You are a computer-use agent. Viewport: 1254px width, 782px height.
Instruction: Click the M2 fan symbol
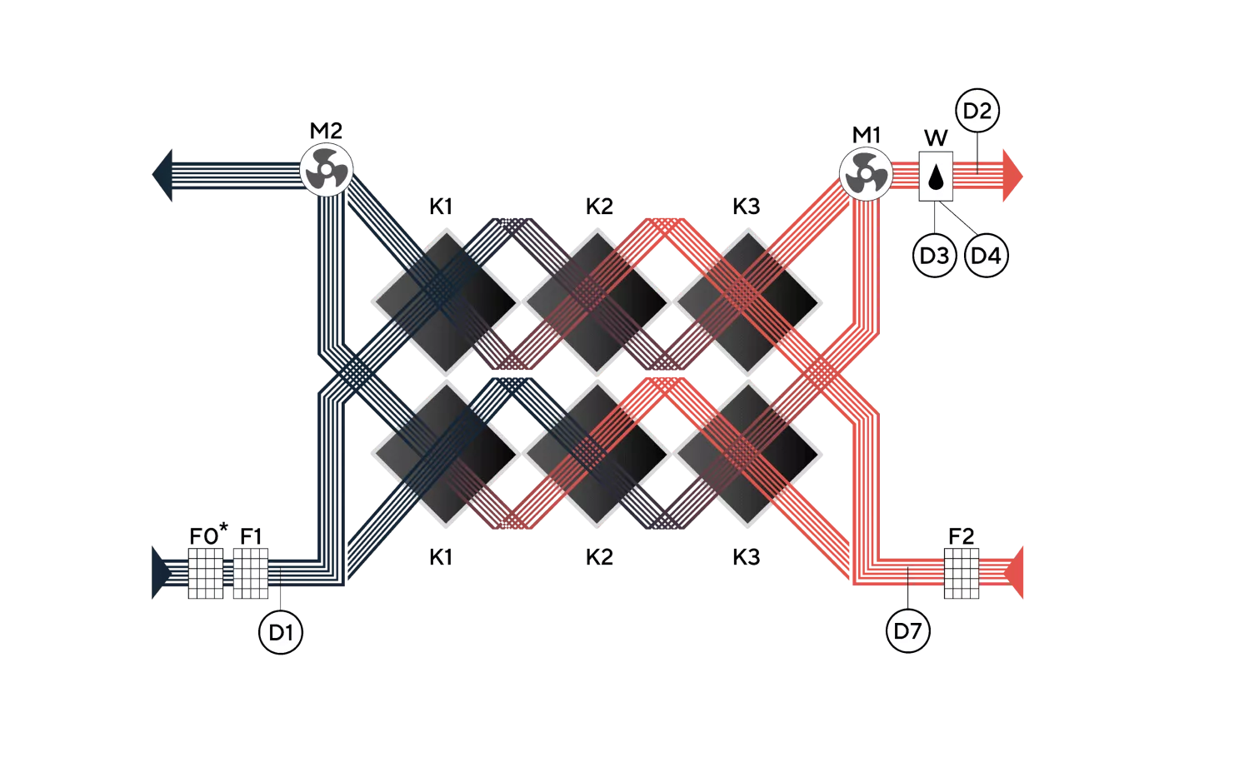(327, 170)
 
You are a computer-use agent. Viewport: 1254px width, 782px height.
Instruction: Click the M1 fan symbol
(866, 174)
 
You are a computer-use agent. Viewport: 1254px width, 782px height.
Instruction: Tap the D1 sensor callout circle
(281, 632)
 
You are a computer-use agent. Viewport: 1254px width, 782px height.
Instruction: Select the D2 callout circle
(977, 110)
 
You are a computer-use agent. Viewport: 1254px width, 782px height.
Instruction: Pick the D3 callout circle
(934, 256)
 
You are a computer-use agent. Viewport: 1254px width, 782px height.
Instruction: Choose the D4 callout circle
(987, 256)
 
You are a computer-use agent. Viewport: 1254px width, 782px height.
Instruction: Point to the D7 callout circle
(908, 631)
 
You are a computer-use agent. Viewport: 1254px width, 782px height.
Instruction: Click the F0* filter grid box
(206, 573)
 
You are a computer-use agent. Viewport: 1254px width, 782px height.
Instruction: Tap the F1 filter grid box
(250, 573)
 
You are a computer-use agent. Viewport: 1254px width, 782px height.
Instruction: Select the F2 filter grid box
(962, 573)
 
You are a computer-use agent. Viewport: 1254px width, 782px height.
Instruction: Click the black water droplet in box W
(936, 177)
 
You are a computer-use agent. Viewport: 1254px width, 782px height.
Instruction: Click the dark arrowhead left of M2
(162, 175)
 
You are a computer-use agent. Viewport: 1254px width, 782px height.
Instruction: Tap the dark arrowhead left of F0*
(162, 573)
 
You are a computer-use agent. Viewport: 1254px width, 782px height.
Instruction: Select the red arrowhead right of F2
(1014, 573)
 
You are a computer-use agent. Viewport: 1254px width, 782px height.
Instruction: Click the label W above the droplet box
(936, 137)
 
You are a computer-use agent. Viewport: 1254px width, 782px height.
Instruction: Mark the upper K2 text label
(600, 207)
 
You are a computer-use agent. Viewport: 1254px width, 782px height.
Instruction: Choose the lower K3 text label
(747, 557)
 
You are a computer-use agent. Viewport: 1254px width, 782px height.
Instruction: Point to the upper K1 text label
(441, 207)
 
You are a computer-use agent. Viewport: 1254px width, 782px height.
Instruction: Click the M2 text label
(326, 131)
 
